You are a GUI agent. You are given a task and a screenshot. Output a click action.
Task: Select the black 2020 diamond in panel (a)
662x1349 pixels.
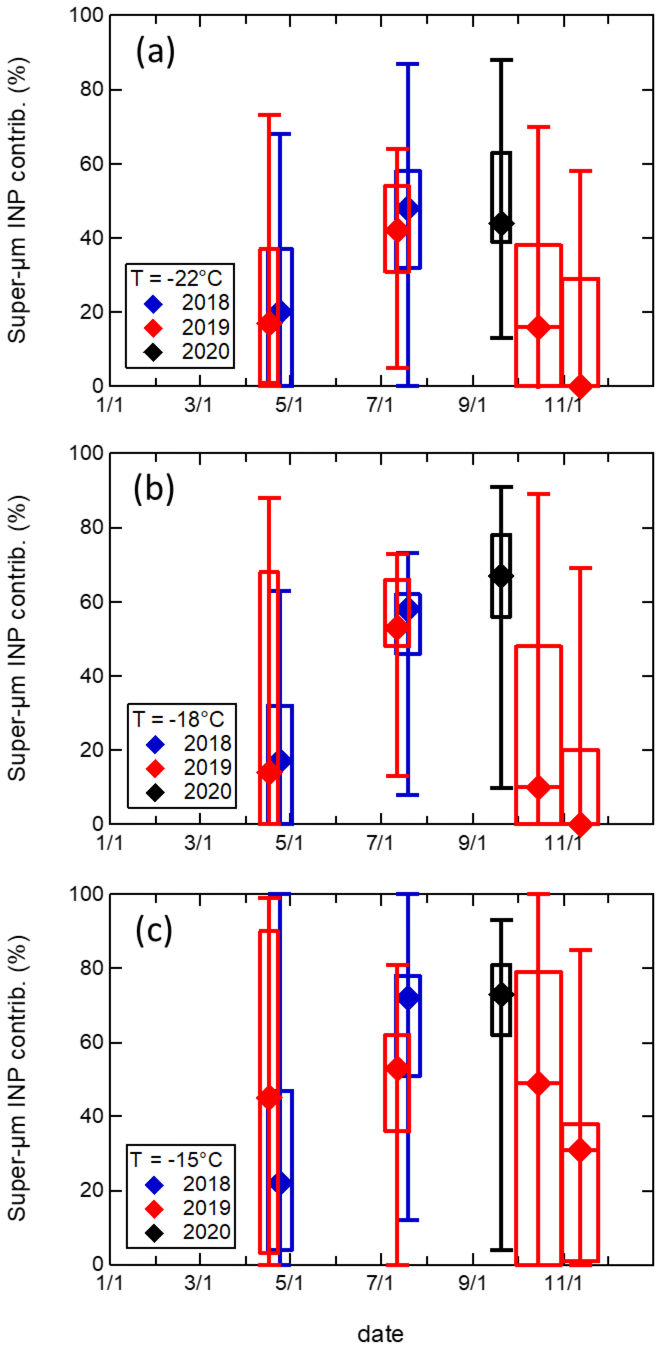point(501,224)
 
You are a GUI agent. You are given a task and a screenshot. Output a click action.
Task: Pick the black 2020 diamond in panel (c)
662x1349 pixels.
point(501,995)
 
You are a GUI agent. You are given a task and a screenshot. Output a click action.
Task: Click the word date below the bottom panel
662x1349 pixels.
point(380,1330)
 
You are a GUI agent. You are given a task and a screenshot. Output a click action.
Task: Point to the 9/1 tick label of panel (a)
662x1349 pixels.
point(472,405)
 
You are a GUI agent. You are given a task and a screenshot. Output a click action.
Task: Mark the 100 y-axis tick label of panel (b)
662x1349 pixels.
point(87,453)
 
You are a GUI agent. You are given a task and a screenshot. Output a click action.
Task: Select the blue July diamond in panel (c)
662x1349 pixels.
point(408,998)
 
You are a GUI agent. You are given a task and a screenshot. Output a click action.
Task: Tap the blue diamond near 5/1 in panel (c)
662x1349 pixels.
point(280,1183)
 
